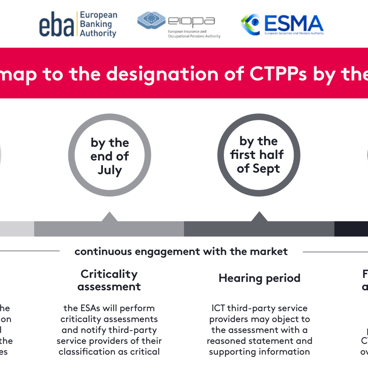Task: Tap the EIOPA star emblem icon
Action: pos(151,19)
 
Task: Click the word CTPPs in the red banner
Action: pos(278,74)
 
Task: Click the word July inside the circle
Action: pos(110,170)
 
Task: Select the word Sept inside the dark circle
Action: pos(266,169)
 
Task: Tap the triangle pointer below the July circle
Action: pos(109,217)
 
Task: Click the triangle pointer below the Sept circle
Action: pos(259,217)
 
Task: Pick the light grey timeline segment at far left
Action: pos(16,229)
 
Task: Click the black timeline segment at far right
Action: pos(351,229)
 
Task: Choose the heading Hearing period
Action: pos(259,278)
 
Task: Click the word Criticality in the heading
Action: pos(109,274)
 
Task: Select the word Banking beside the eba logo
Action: pos(96,24)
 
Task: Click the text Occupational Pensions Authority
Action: pos(194,36)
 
